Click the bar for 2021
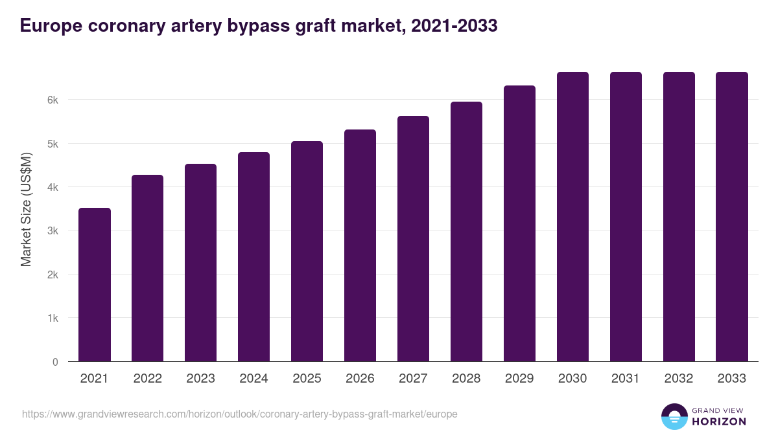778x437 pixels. tap(95, 285)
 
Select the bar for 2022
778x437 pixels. tap(148, 268)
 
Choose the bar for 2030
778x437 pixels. tap(572, 217)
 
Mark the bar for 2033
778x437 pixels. tap(732, 217)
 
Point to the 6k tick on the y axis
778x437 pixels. tap(53, 100)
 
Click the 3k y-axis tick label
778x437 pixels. tap(53, 231)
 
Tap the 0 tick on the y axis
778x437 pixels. tap(55, 362)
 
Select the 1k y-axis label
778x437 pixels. tap(53, 319)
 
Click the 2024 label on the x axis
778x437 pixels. tap(253, 379)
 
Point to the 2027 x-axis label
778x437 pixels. tap(413, 379)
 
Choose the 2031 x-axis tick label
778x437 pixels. tap(626, 379)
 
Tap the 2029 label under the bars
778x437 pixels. tap(519, 379)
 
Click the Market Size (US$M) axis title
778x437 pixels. tap(26, 210)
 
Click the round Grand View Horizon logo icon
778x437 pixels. tap(674, 416)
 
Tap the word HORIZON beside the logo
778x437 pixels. tap(719, 421)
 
